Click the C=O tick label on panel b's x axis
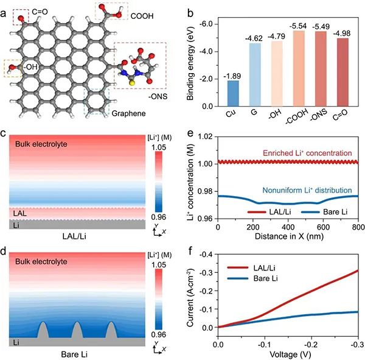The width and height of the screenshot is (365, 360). click(344, 114)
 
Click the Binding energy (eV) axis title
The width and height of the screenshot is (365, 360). click(193, 61)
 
